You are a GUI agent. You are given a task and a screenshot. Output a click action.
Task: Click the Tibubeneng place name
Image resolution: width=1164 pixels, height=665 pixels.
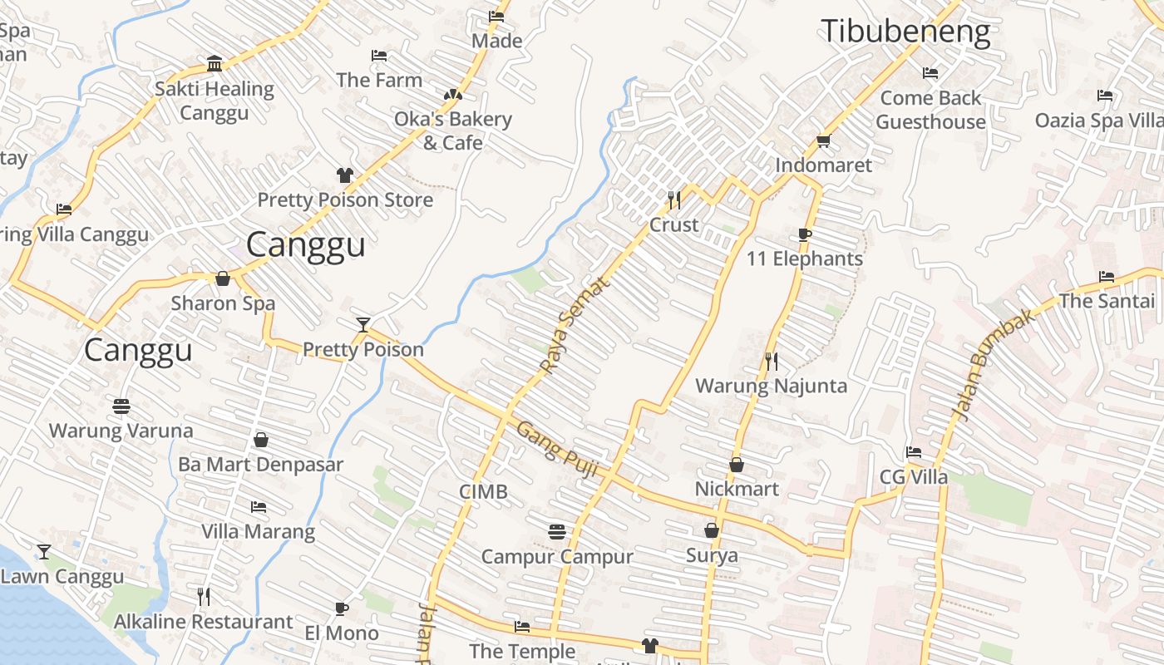(905, 32)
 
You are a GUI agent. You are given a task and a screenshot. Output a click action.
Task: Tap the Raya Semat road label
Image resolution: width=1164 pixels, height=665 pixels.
(575, 324)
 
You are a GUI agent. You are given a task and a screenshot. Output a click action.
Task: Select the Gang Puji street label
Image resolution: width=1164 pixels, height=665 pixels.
(558, 450)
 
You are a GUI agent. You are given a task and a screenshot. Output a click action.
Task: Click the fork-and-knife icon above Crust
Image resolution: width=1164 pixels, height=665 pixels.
(674, 199)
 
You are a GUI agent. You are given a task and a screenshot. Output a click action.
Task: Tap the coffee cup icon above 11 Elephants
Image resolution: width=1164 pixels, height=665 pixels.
(804, 234)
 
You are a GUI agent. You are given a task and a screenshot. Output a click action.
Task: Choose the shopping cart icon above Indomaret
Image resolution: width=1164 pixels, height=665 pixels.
(824, 140)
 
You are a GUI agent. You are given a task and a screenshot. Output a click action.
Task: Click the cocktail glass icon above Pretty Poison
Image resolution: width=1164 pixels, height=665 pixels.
(363, 324)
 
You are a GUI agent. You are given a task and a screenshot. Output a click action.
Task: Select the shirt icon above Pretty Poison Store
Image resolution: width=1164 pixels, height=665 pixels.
(345, 175)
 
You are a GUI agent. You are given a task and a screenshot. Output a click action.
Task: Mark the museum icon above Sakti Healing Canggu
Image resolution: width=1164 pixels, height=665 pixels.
(215, 64)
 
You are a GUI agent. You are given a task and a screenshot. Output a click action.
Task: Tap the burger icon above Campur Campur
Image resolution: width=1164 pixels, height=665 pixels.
(557, 531)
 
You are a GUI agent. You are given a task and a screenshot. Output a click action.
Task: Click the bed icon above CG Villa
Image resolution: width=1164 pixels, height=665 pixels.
(914, 452)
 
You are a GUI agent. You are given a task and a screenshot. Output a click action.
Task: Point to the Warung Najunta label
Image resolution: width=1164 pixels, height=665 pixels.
(771, 386)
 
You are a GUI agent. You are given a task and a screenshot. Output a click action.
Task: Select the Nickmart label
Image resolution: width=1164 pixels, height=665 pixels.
(737, 489)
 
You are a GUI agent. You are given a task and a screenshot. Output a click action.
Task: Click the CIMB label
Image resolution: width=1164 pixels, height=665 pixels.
(483, 492)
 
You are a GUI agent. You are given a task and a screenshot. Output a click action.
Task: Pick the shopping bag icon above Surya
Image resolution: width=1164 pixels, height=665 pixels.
(712, 530)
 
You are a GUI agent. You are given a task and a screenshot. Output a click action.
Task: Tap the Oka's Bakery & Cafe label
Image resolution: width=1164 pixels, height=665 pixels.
(452, 131)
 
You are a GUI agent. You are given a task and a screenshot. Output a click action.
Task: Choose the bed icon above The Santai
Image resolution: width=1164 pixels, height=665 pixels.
(1107, 277)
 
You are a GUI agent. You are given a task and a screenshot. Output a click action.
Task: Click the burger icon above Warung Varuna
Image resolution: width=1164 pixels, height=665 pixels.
(121, 406)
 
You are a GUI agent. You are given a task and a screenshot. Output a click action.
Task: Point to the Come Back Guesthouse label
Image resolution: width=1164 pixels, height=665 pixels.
(930, 110)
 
